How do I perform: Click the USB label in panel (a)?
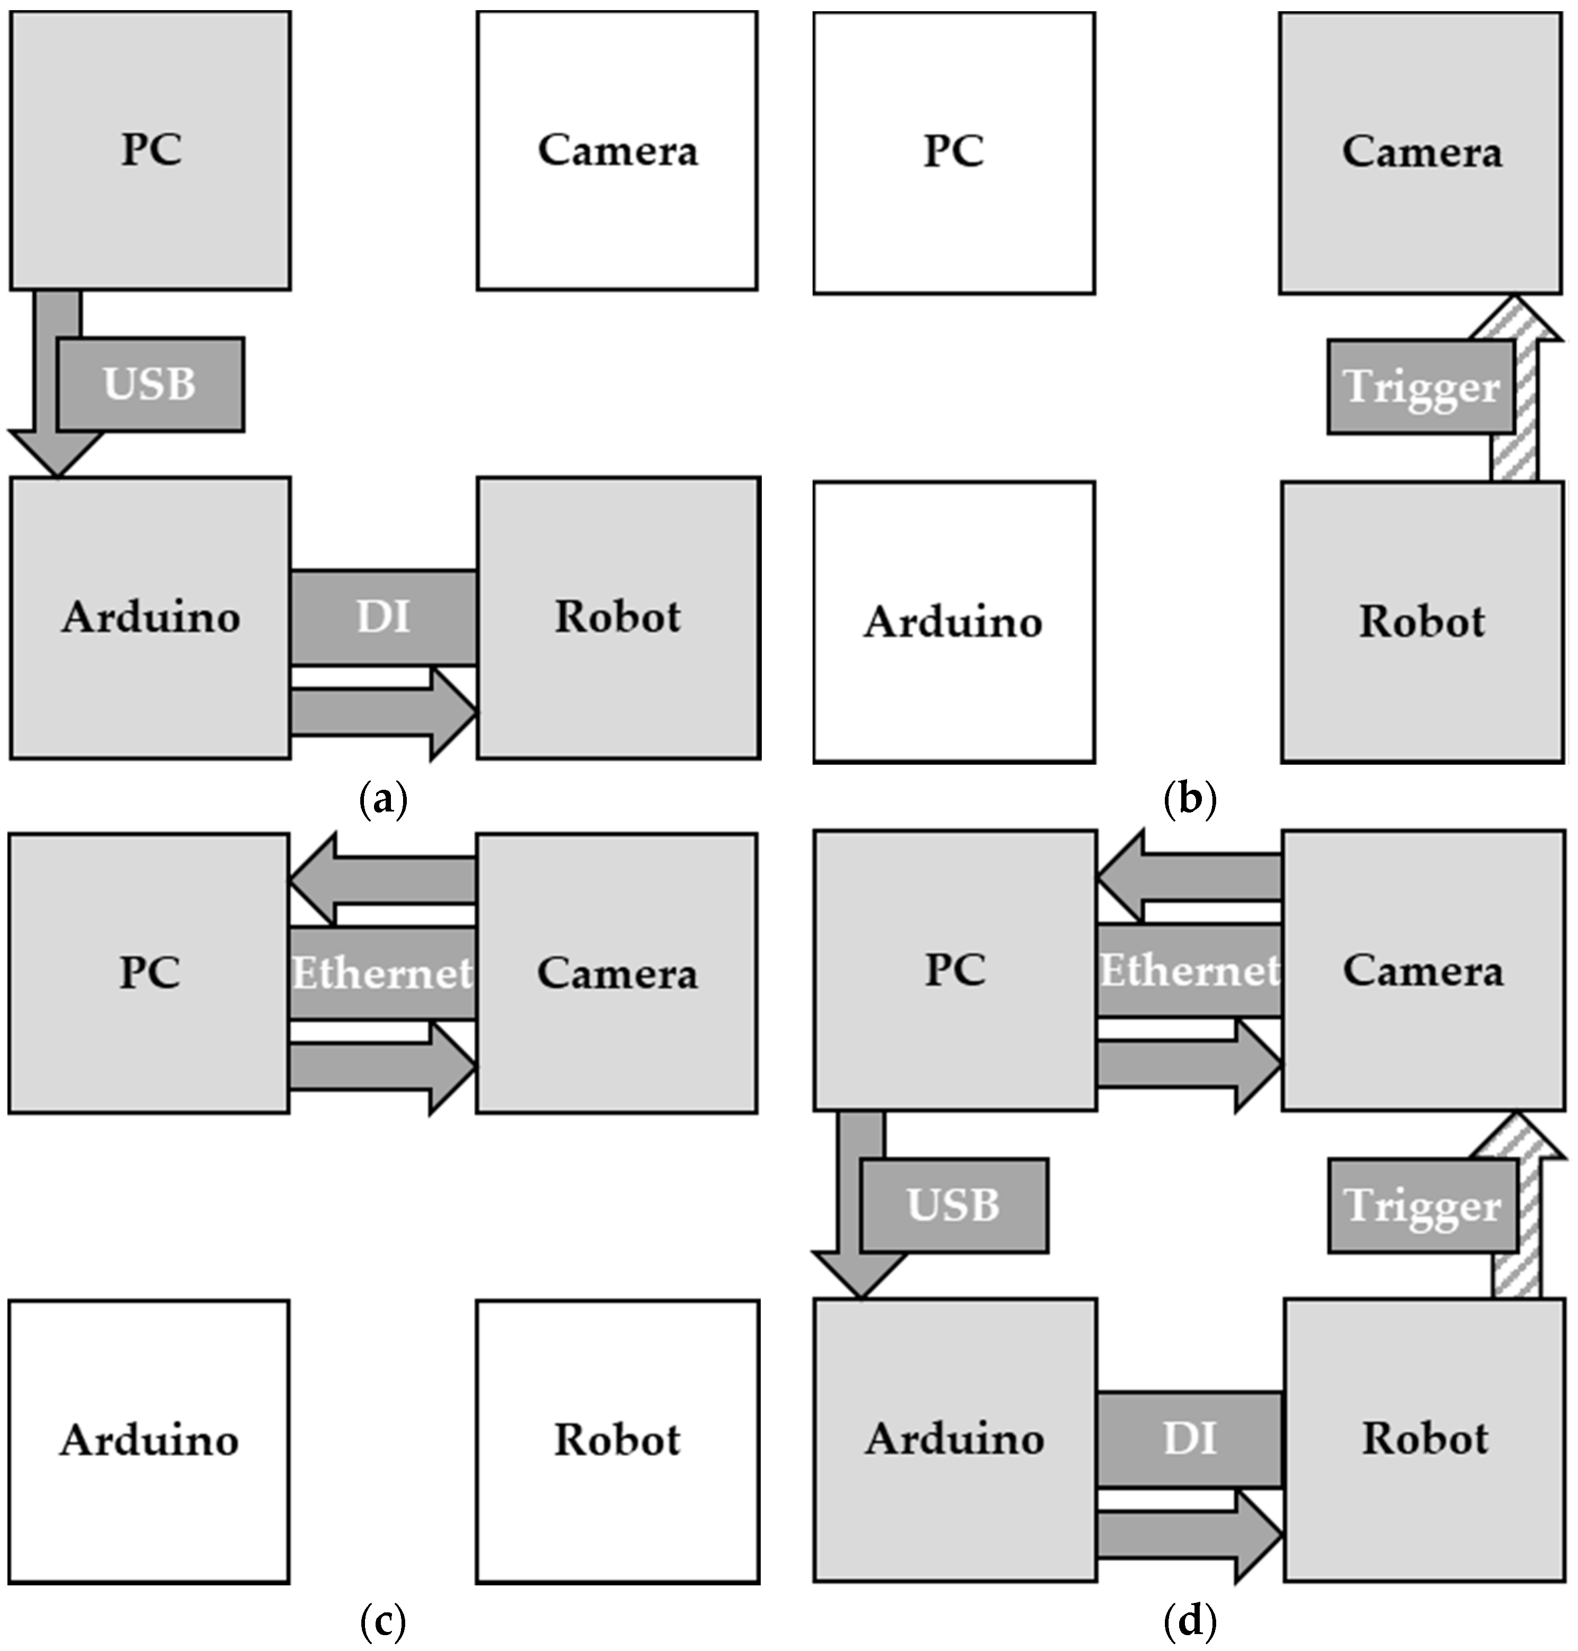(x=150, y=385)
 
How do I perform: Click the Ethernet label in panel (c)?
(x=382, y=973)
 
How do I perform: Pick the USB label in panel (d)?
(x=953, y=1205)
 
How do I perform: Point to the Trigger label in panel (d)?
(x=1422, y=1206)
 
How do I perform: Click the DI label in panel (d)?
(x=1189, y=1438)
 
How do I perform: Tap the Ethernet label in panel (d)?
(x=1189, y=971)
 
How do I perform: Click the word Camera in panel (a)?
(x=617, y=151)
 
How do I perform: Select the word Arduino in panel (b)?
(x=953, y=623)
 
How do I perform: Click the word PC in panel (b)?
(x=953, y=151)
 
